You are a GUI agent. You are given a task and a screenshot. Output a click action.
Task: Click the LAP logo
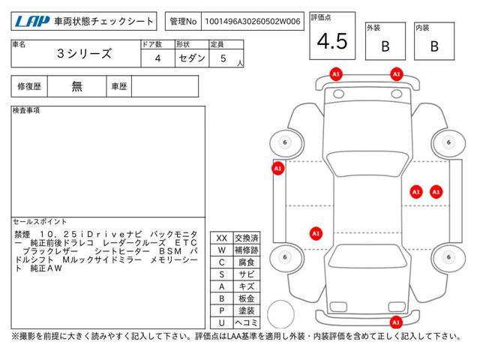click(x=32, y=22)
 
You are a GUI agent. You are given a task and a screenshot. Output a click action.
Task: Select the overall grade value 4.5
click(x=332, y=41)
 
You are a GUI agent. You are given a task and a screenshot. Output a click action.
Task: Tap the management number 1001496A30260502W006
click(x=253, y=22)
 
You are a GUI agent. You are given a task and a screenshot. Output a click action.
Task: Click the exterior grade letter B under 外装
click(x=385, y=46)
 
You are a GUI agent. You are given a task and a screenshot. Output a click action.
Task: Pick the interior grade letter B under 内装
click(x=434, y=46)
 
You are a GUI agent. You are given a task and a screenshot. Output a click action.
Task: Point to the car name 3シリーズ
click(x=84, y=53)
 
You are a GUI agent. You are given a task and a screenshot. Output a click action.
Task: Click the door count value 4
click(x=157, y=58)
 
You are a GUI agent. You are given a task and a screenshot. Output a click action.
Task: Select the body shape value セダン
click(x=192, y=58)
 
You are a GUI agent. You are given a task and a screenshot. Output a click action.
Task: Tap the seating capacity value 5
click(x=223, y=58)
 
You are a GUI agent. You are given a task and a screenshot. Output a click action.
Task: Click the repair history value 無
click(x=76, y=86)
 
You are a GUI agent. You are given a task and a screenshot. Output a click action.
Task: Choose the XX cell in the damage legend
click(x=222, y=238)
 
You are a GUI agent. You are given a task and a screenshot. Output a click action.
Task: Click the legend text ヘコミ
click(x=247, y=322)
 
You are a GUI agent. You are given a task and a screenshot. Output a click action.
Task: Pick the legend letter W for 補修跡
click(x=222, y=250)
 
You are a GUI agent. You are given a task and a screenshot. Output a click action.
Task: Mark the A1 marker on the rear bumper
click(x=396, y=322)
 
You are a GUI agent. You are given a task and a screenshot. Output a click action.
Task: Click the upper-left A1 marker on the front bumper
click(x=336, y=74)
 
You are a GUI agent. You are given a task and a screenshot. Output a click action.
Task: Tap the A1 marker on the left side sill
click(x=278, y=168)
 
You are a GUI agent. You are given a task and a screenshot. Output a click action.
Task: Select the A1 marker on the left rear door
click(x=316, y=233)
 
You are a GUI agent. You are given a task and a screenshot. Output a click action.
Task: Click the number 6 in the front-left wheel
click(x=285, y=142)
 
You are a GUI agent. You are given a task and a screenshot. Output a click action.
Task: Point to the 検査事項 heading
click(x=26, y=110)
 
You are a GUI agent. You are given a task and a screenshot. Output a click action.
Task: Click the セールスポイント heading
click(x=40, y=222)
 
